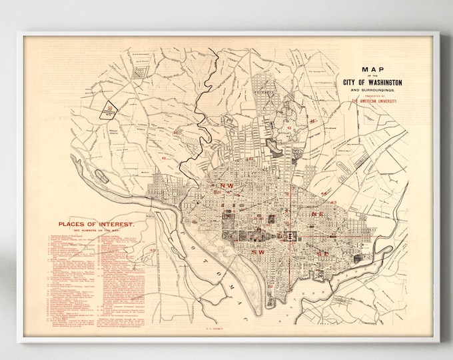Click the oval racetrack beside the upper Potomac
tap(103, 177)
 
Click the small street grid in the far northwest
tap(140, 69)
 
